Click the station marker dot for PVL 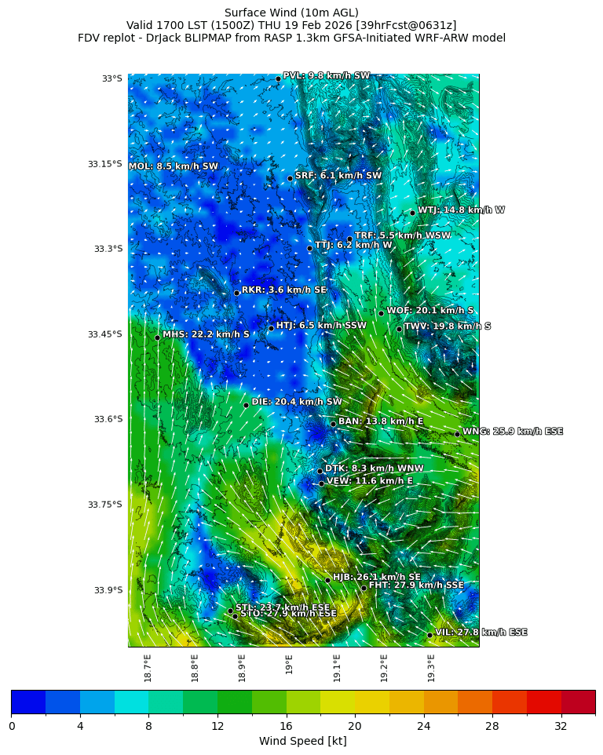click(278, 78)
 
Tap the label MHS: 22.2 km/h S click(206, 335)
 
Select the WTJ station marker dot click(412, 213)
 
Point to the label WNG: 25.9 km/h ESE click(512, 432)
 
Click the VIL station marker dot click(429, 635)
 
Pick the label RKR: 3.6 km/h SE click(283, 290)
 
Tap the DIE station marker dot click(246, 405)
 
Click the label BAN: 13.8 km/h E click(380, 422)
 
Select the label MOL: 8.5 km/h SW click(174, 167)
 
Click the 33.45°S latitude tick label click(104, 334)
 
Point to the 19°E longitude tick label click(290, 664)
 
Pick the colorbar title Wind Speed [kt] click(302, 742)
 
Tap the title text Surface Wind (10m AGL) click(291, 13)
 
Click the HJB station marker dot click(327, 580)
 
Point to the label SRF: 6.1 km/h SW click(338, 176)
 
